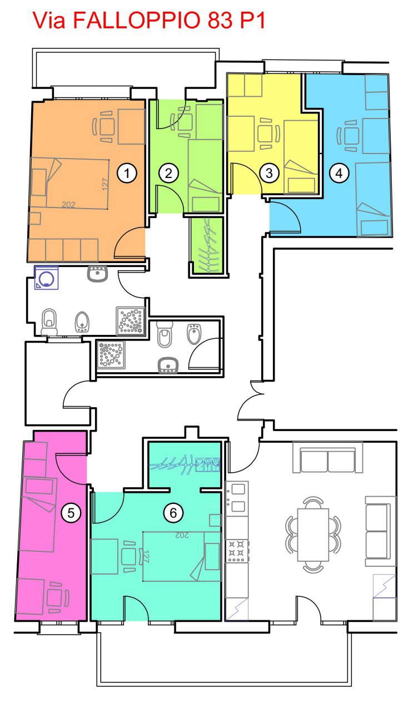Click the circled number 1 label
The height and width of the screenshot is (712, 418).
(127, 173)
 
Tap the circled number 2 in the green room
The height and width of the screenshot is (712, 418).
(168, 173)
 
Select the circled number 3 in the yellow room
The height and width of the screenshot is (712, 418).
(269, 173)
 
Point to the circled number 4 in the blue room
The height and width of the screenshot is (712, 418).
(339, 173)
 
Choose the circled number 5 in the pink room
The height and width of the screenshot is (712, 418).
(71, 513)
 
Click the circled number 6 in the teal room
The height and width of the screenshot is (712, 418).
(173, 513)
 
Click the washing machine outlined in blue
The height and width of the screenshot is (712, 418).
(46, 278)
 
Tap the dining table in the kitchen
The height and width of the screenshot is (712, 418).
(313, 535)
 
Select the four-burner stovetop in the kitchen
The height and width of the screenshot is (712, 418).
(237, 551)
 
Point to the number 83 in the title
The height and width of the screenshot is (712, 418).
(220, 21)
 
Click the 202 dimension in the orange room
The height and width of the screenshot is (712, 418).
(68, 204)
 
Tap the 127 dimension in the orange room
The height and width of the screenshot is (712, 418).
(106, 184)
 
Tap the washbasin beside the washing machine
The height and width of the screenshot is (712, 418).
(97, 274)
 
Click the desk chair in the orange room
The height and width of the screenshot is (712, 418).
(103, 127)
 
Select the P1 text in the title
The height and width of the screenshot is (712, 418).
(252, 21)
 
